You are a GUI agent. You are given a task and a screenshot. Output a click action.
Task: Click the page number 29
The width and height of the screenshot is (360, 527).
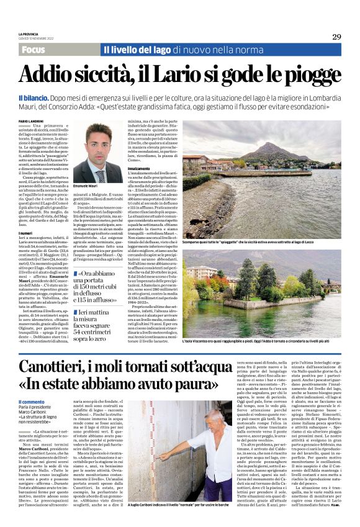336,37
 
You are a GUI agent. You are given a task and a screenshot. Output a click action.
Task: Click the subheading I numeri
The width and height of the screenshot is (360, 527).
26,233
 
